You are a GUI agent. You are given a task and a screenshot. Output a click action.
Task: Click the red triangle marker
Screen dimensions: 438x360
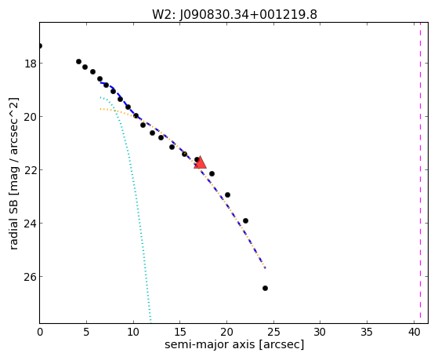[x=201, y=163]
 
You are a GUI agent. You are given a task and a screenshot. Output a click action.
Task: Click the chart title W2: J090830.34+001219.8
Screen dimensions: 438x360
[x=234, y=15]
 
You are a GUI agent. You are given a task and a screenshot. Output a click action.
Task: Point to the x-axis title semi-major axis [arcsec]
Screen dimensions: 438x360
[x=234, y=344]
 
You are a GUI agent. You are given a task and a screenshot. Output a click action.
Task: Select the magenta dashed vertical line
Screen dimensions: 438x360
[x=420, y=173]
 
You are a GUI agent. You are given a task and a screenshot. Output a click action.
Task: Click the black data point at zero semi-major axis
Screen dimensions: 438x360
[x=40, y=45]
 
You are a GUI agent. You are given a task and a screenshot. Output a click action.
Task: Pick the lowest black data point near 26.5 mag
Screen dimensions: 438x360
[x=265, y=288]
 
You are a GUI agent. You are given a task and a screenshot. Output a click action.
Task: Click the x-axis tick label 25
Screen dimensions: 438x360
[x=273, y=332]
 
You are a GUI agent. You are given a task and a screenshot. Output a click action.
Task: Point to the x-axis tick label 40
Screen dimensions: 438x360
[x=414, y=332]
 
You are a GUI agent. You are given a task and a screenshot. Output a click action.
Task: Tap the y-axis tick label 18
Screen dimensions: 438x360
[x=30, y=64]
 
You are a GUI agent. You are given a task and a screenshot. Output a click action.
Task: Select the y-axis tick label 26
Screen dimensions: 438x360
[x=30, y=277]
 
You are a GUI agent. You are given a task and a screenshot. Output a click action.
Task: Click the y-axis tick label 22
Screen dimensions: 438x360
[x=30, y=170]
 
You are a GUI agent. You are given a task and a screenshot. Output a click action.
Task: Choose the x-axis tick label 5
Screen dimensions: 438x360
[x=86, y=332]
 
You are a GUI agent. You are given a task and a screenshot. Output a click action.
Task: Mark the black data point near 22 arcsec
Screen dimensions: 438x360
[x=245, y=220]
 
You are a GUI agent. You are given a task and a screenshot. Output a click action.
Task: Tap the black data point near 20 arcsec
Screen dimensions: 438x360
[x=227, y=195]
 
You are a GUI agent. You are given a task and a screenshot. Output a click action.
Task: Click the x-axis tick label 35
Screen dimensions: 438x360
[x=367, y=332]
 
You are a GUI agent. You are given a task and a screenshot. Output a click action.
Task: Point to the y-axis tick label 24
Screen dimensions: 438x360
[x=30, y=224]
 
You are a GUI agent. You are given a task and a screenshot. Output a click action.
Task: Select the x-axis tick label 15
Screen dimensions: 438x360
[x=180, y=332]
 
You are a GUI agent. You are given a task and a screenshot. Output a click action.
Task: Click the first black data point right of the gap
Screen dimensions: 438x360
[x=79, y=61]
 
